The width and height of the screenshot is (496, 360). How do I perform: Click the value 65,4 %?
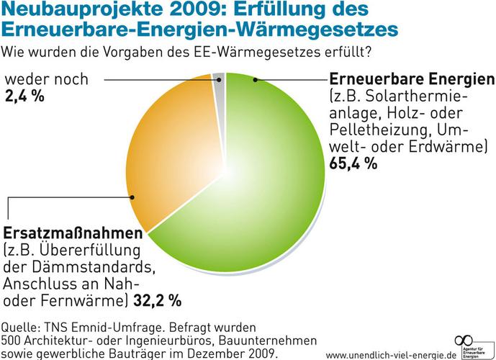coord(353,163)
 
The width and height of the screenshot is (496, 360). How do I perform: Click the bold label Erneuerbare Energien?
coord(412,78)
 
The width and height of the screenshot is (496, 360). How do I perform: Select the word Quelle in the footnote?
coord(21,324)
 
